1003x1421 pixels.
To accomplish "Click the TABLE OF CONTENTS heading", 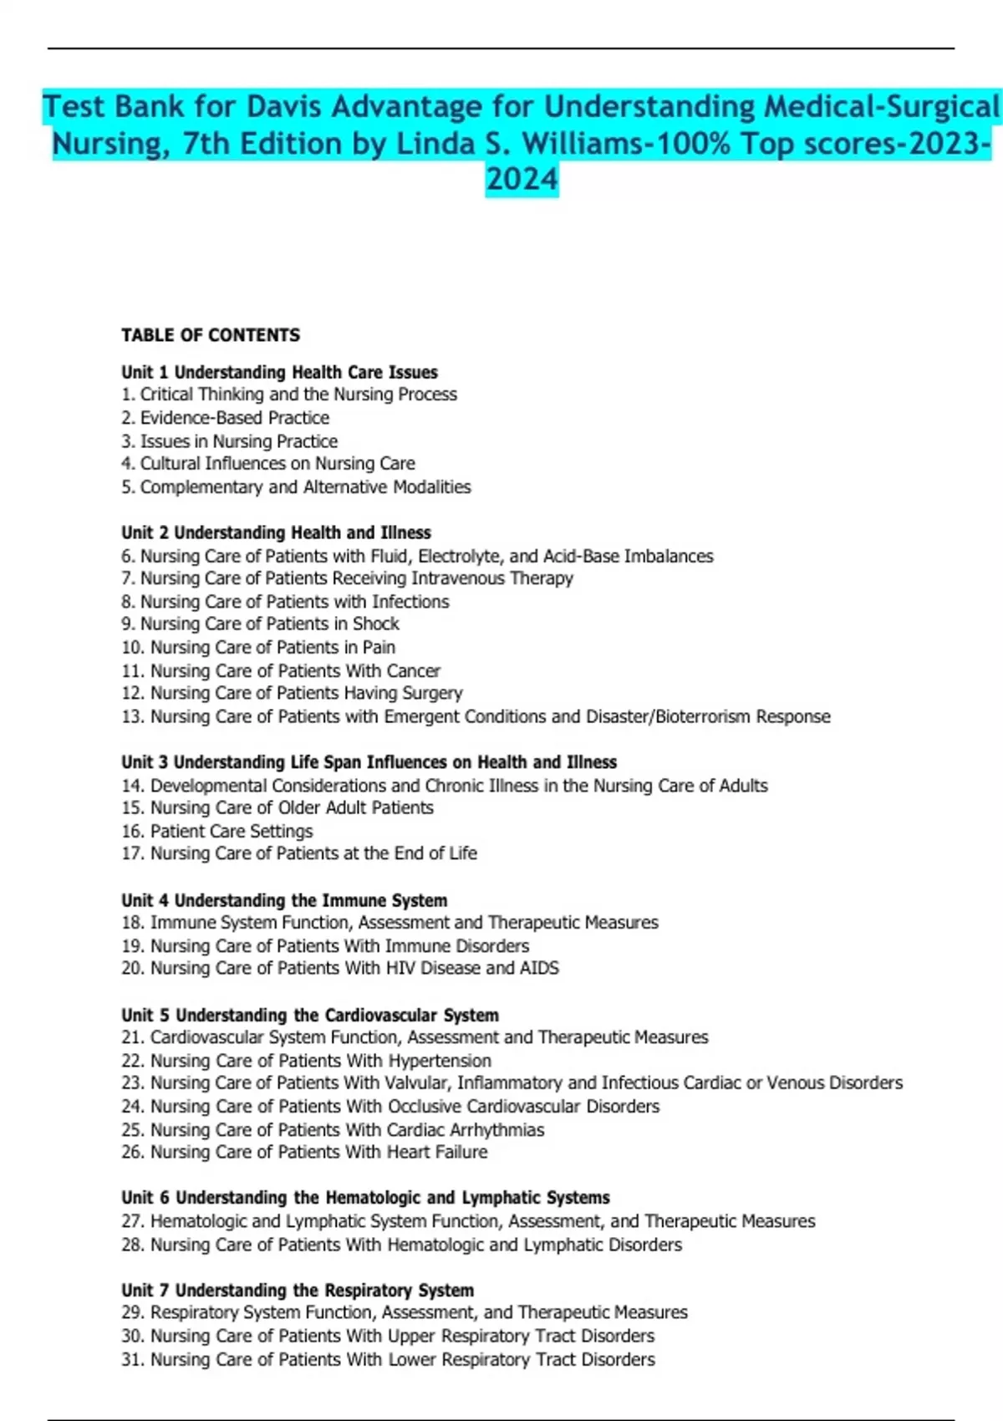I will [x=210, y=335].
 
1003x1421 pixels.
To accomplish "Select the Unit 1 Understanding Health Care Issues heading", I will [x=279, y=372].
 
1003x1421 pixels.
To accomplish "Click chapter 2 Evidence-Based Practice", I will [x=225, y=417].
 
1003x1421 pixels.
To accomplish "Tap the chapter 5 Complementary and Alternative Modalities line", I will [x=296, y=486].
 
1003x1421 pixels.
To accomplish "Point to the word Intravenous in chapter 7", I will [x=457, y=578].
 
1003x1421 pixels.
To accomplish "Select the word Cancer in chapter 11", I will [x=413, y=670].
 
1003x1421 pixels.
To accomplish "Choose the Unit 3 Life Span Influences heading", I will [x=369, y=761].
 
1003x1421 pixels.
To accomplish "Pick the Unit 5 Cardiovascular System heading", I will [x=309, y=1015].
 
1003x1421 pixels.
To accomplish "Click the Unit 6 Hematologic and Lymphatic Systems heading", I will [x=365, y=1198].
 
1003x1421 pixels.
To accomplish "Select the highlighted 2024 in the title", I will [x=522, y=179].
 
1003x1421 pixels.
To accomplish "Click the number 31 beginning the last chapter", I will [x=132, y=1359].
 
